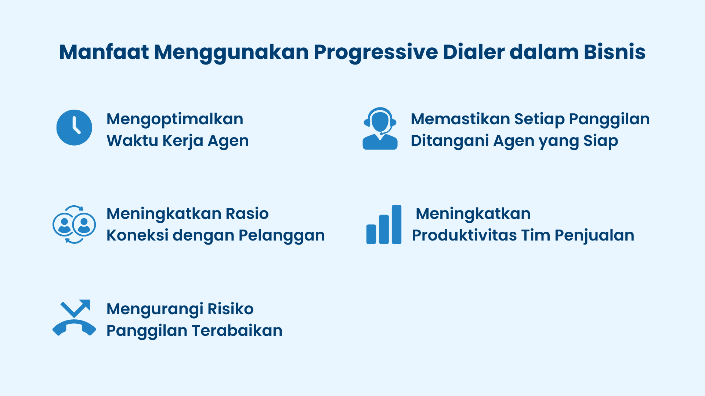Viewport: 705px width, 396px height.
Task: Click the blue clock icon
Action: click(74, 128)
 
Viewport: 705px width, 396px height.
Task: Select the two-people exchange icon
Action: click(74, 224)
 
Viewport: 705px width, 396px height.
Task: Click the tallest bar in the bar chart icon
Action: click(397, 224)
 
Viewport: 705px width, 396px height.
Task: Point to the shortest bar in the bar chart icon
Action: click(371, 234)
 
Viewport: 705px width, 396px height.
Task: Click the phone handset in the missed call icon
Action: click(74, 327)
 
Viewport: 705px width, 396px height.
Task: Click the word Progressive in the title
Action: click(375, 52)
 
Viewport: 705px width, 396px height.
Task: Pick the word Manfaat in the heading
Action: click(104, 52)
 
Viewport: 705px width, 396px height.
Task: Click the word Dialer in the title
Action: click(474, 52)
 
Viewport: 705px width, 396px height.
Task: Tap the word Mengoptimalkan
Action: click(175, 120)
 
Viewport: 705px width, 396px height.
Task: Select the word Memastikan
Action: click(460, 120)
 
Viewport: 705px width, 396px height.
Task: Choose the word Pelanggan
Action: click(282, 236)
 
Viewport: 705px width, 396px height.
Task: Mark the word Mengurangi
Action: click(155, 309)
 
